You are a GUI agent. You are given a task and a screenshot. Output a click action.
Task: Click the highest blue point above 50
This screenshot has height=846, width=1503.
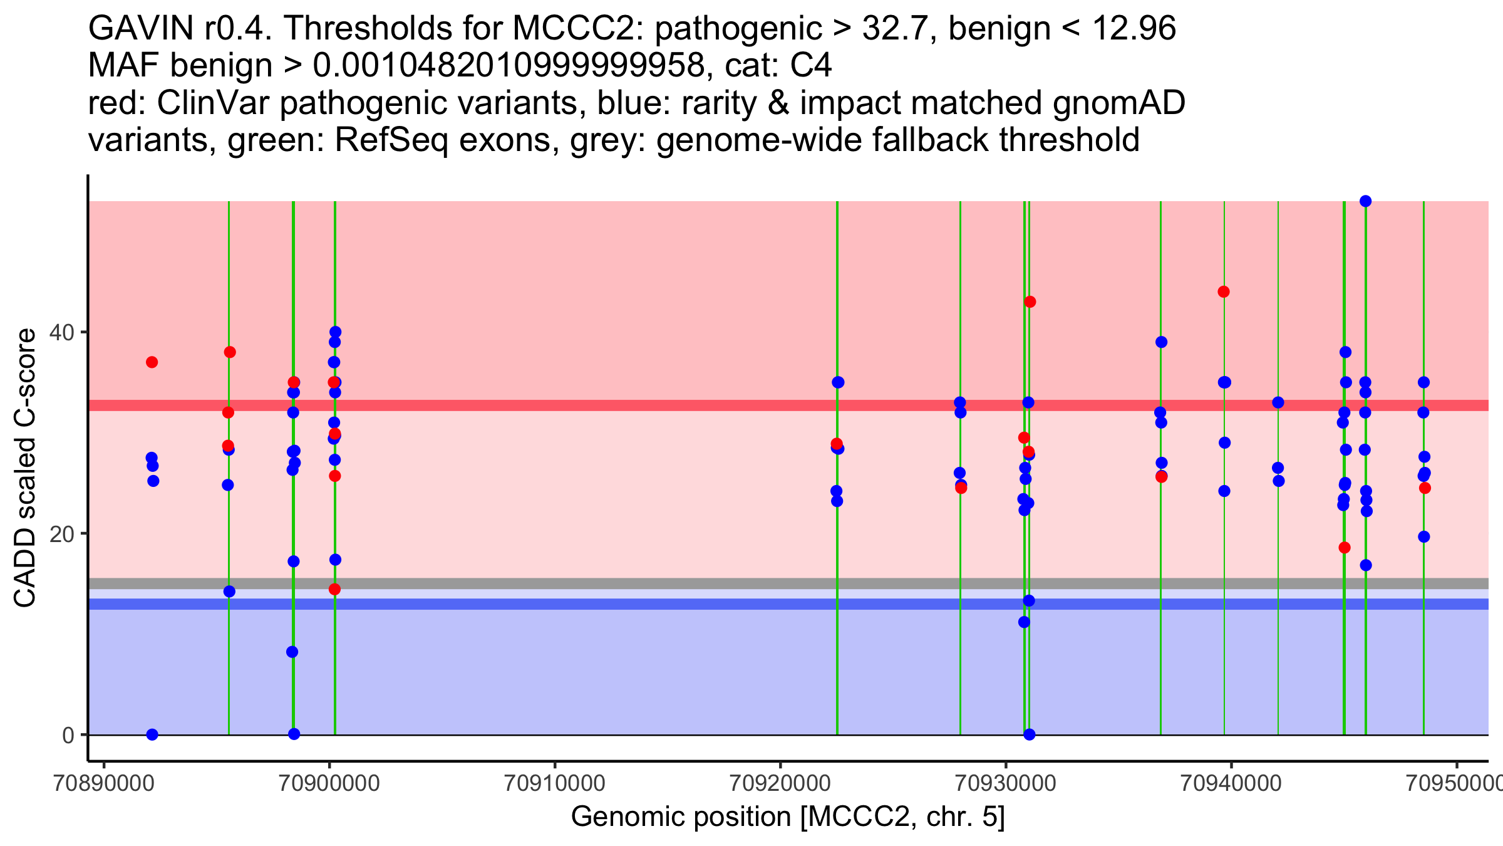click(x=1366, y=201)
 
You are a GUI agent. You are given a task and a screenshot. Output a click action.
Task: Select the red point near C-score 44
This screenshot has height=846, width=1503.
click(x=1224, y=291)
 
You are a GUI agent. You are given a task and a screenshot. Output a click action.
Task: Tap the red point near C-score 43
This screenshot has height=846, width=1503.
click(x=1030, y=302)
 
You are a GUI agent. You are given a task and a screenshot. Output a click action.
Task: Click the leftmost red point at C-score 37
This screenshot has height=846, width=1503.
click(x=152, y=362)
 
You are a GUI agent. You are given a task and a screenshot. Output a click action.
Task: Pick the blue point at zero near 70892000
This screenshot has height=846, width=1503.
click(x=152, y=734)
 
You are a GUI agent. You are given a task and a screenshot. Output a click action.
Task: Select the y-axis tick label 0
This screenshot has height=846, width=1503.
click(x=68, y=735)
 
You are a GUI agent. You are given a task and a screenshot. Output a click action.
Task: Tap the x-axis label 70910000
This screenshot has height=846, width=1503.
click(x=554, y=783)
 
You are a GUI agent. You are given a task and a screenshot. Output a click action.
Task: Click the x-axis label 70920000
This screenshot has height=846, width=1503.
click(x=780, y=783)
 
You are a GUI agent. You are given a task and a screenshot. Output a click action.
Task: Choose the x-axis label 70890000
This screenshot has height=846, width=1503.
click(x=103, y=783)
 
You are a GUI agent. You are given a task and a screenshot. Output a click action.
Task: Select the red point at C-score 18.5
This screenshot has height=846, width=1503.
click(x=1345, y=548)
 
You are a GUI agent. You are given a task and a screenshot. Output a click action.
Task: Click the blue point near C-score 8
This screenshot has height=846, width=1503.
click(x=292, y=652)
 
